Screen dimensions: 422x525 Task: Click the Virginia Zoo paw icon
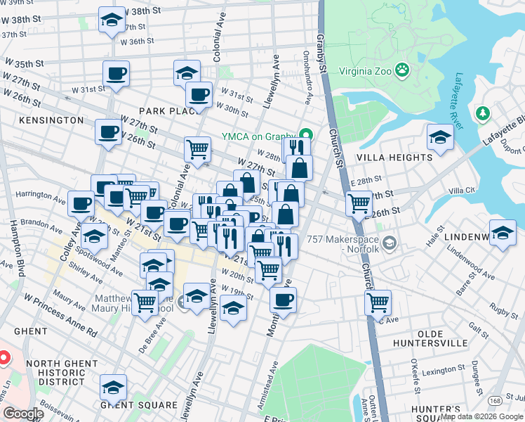tap(402, 70)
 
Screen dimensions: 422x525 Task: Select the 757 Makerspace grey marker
tap(391, 243)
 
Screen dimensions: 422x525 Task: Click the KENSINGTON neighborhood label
tap(51, 120)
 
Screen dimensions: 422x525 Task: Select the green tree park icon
tap(482, 113)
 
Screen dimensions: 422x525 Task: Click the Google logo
tap(23, 414)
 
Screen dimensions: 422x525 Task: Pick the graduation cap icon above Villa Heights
tap(440, 136)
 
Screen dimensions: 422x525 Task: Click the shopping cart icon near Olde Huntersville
tap(378, 302)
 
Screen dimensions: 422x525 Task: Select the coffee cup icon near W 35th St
tap(116, 72)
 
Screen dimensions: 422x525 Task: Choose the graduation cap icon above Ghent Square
tap(113, 387)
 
